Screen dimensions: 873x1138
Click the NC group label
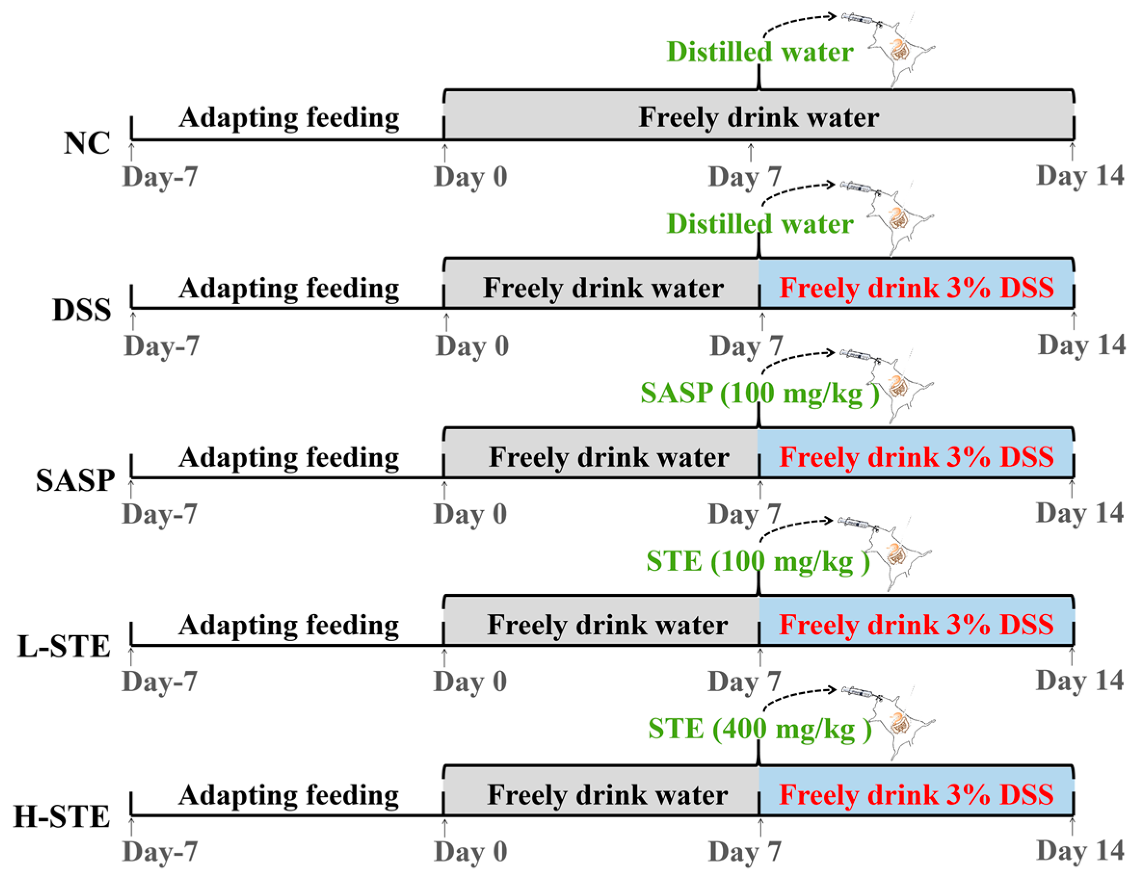87,143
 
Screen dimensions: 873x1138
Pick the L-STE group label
64,647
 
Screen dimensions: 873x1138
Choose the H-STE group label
61,817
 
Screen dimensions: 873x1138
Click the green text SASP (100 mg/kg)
759,393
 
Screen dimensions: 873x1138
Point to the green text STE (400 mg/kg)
759,729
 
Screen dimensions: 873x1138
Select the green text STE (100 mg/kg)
758,562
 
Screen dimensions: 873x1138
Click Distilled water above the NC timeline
759,52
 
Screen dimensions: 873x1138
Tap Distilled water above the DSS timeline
759,224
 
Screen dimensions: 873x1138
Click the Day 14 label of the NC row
1080,176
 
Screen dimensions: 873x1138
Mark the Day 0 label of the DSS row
471,346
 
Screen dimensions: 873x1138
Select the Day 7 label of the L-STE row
744,681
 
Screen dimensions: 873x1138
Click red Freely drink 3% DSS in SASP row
916,457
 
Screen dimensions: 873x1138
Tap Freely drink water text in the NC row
759,117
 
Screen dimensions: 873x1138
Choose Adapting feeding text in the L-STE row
288,625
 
